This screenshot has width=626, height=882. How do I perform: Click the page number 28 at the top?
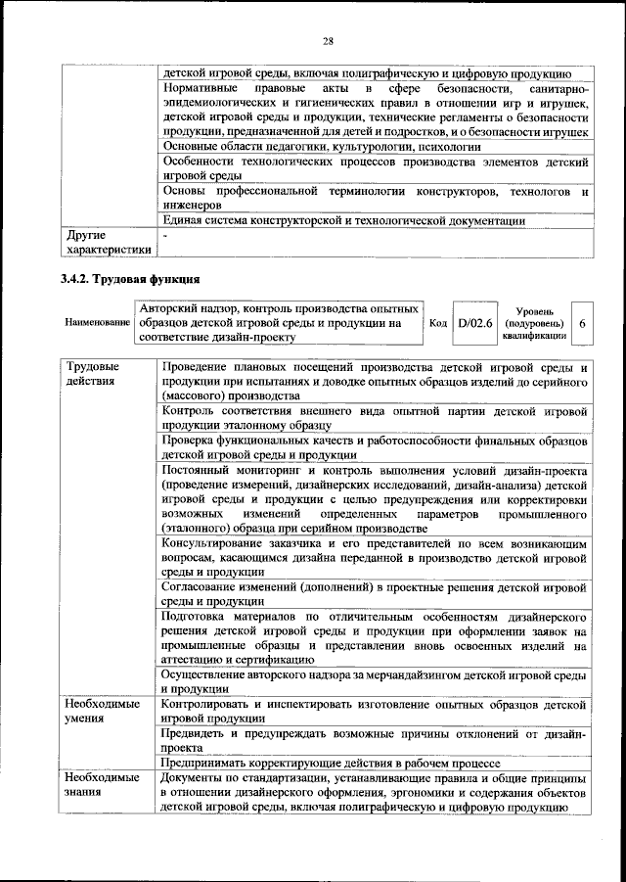point(327,40)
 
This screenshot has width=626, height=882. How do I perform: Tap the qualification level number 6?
point(583,322)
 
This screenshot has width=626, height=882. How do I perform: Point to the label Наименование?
point(98,322)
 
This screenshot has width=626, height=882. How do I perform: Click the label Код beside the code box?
point(439,322)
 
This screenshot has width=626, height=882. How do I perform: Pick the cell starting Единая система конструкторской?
point(342,220)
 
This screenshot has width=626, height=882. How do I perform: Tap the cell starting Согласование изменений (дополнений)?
point(373,592)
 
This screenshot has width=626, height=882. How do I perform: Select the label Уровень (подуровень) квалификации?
point(534,322)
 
